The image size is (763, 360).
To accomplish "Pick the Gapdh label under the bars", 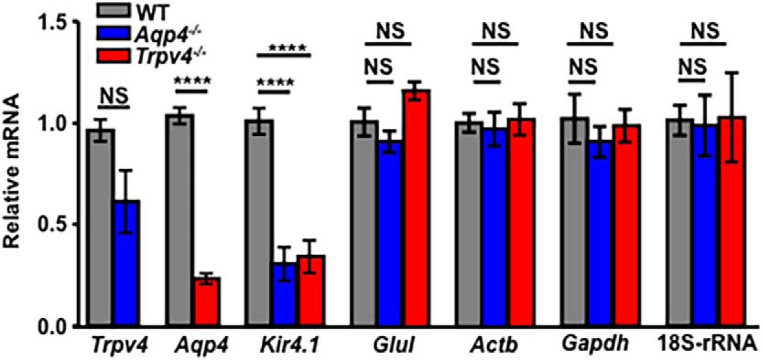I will pos(581,346).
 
